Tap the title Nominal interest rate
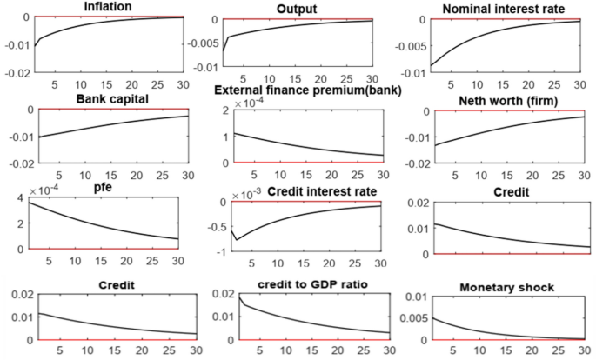[x=503, y=9]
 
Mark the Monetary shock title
[x=505, y=287]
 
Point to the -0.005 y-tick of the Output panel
[x=204, y=42]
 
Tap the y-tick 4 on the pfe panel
[x=20, y=202]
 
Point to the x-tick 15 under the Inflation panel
[x=106, y=84]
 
